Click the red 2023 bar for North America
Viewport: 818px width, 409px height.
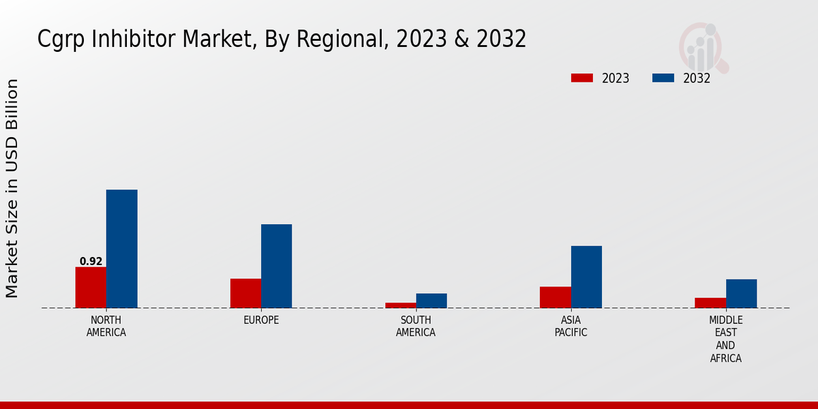click(91, 287)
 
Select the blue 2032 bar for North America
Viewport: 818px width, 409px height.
click(121, 249)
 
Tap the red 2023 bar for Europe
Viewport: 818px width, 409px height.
click(245, 293)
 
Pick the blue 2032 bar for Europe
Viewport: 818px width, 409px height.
click(276, 266)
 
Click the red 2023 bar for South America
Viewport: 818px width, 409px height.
click(400, 305)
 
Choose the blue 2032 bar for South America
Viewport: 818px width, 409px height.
click(431, 301)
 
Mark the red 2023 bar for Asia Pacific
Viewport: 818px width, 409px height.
click(555, 297)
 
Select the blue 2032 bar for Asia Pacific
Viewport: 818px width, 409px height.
click(586, 277)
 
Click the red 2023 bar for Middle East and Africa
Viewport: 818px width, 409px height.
click(710, 303)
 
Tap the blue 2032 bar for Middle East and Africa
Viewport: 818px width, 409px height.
click(741, 293)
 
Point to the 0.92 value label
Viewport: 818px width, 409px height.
click(91, 262)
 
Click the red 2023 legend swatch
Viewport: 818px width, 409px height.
click(581, 78)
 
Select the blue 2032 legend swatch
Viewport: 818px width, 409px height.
click(663, 78)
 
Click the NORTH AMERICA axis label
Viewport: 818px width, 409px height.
click(106, 327)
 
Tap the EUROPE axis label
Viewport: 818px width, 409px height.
click(261, 320)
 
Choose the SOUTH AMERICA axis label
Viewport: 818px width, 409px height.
click(416, 327)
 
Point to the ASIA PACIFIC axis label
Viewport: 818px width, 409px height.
click(571, 327)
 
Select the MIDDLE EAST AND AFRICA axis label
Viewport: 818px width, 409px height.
click(725, 339)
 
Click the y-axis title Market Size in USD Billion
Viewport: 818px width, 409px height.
click(12, 188)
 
